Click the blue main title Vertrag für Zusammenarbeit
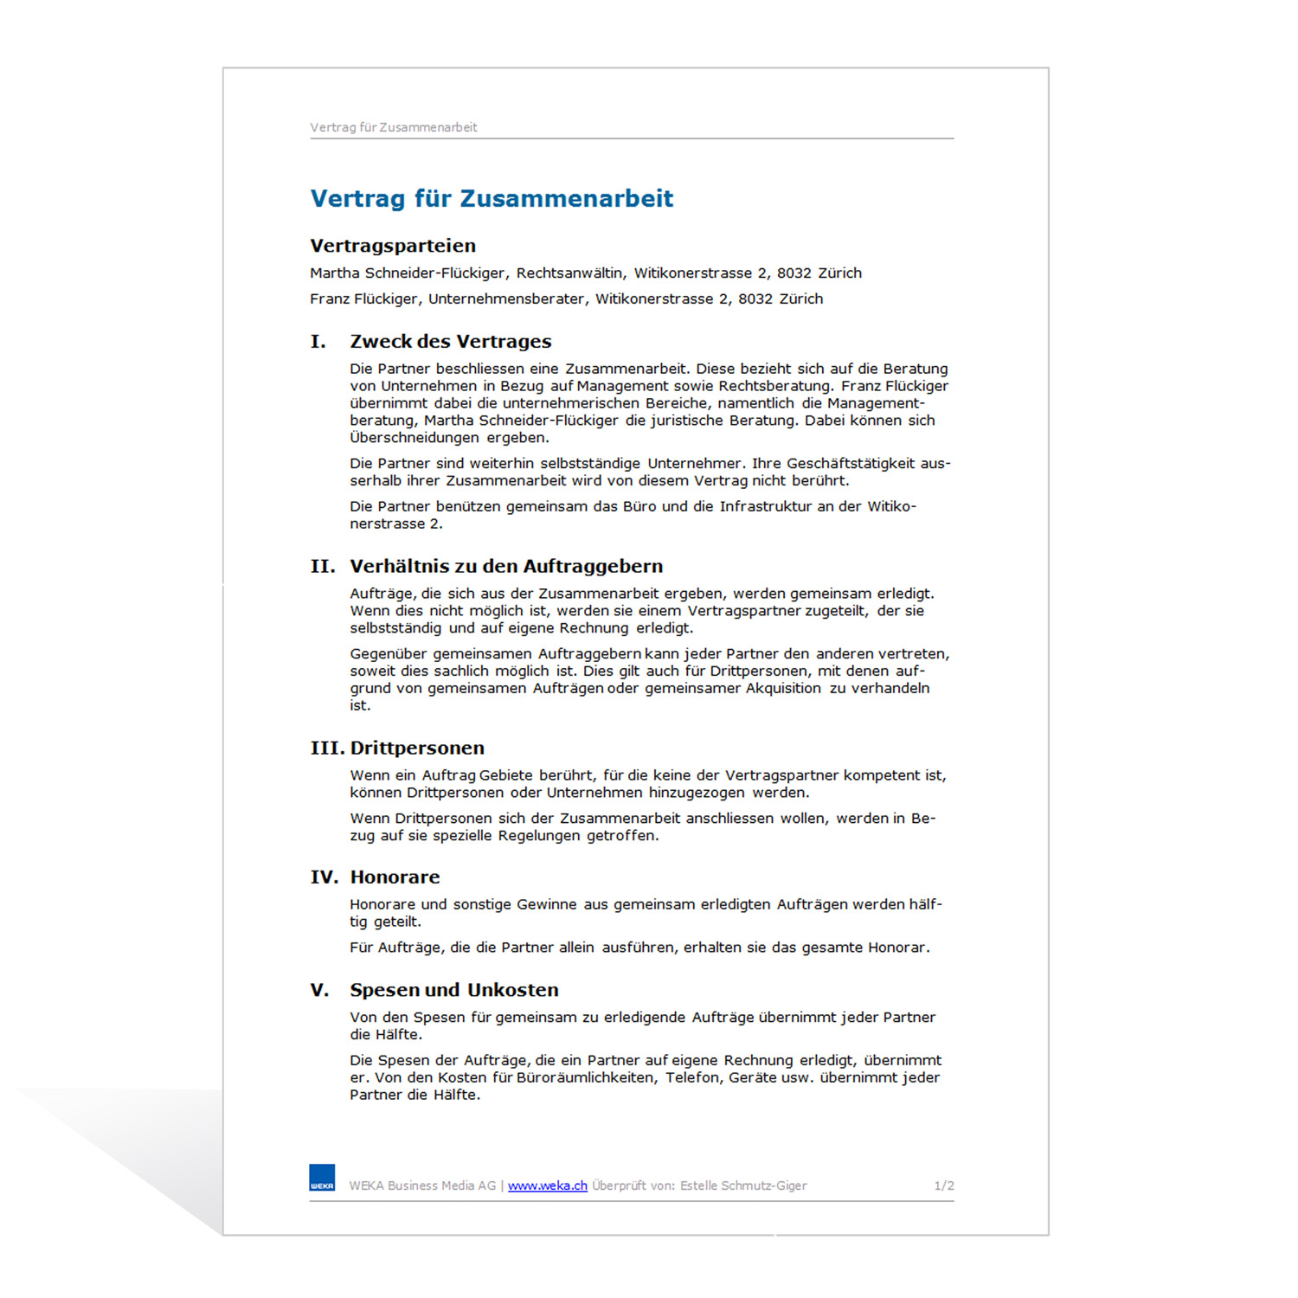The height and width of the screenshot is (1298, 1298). [492, 199]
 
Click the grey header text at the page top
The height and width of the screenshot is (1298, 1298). [394, 127]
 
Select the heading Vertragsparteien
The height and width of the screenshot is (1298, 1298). [393, 246]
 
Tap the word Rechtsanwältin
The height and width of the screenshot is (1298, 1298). [569, 273]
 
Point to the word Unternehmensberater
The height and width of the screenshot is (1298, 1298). [506, 299]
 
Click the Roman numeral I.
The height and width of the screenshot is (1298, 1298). [318, 342]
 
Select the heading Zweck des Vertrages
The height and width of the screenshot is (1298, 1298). [450, 342]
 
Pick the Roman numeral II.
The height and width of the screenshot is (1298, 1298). [323, 567]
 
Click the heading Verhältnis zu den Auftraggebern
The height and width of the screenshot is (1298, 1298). [506, 567]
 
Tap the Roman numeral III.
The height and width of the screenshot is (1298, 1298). [327, 749]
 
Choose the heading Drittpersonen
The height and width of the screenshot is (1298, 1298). [417, 749]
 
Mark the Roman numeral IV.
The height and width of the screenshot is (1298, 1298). [324, 877]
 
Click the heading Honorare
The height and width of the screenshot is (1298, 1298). [395, 877]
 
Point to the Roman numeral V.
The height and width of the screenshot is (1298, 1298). [319, 990]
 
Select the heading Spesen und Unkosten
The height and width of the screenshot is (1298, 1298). [454, 990]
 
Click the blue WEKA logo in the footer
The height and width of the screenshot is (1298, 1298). [322, 1178]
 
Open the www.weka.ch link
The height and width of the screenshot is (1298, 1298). [547, 1186]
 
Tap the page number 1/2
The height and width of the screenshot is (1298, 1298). [944, 1186]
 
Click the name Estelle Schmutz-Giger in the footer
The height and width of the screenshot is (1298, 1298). [743, 1186]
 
